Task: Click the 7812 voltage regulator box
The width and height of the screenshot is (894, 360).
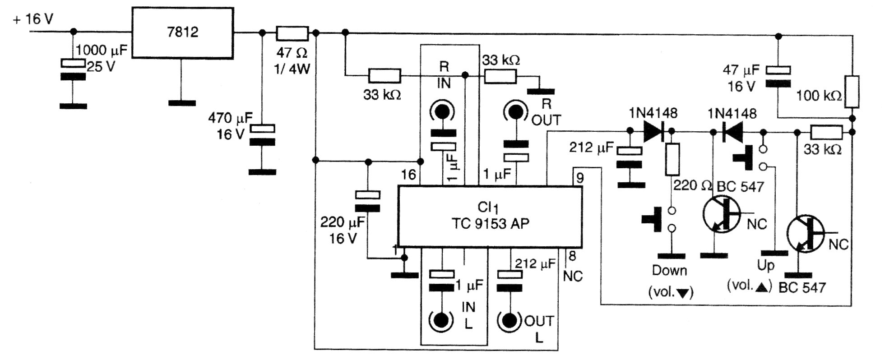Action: point(182,32)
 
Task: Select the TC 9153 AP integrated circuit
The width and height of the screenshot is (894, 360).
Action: point(490,217)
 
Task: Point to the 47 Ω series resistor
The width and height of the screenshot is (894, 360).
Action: point(292,33)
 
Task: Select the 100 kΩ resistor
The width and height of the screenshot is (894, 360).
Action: point(852,92)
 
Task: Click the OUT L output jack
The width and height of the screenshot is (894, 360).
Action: point(510,320)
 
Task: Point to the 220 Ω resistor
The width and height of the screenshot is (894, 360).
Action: point(672,159)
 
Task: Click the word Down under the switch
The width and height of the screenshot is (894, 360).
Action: point(670,271)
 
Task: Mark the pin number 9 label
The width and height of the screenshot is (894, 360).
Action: point(579,178)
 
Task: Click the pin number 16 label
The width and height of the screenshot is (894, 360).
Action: point(408,175)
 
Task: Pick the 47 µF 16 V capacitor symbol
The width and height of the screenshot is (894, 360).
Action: point(778,77)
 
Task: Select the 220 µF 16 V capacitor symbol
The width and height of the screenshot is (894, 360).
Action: point(368,201)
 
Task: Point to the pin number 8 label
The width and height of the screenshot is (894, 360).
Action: point(572,256)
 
